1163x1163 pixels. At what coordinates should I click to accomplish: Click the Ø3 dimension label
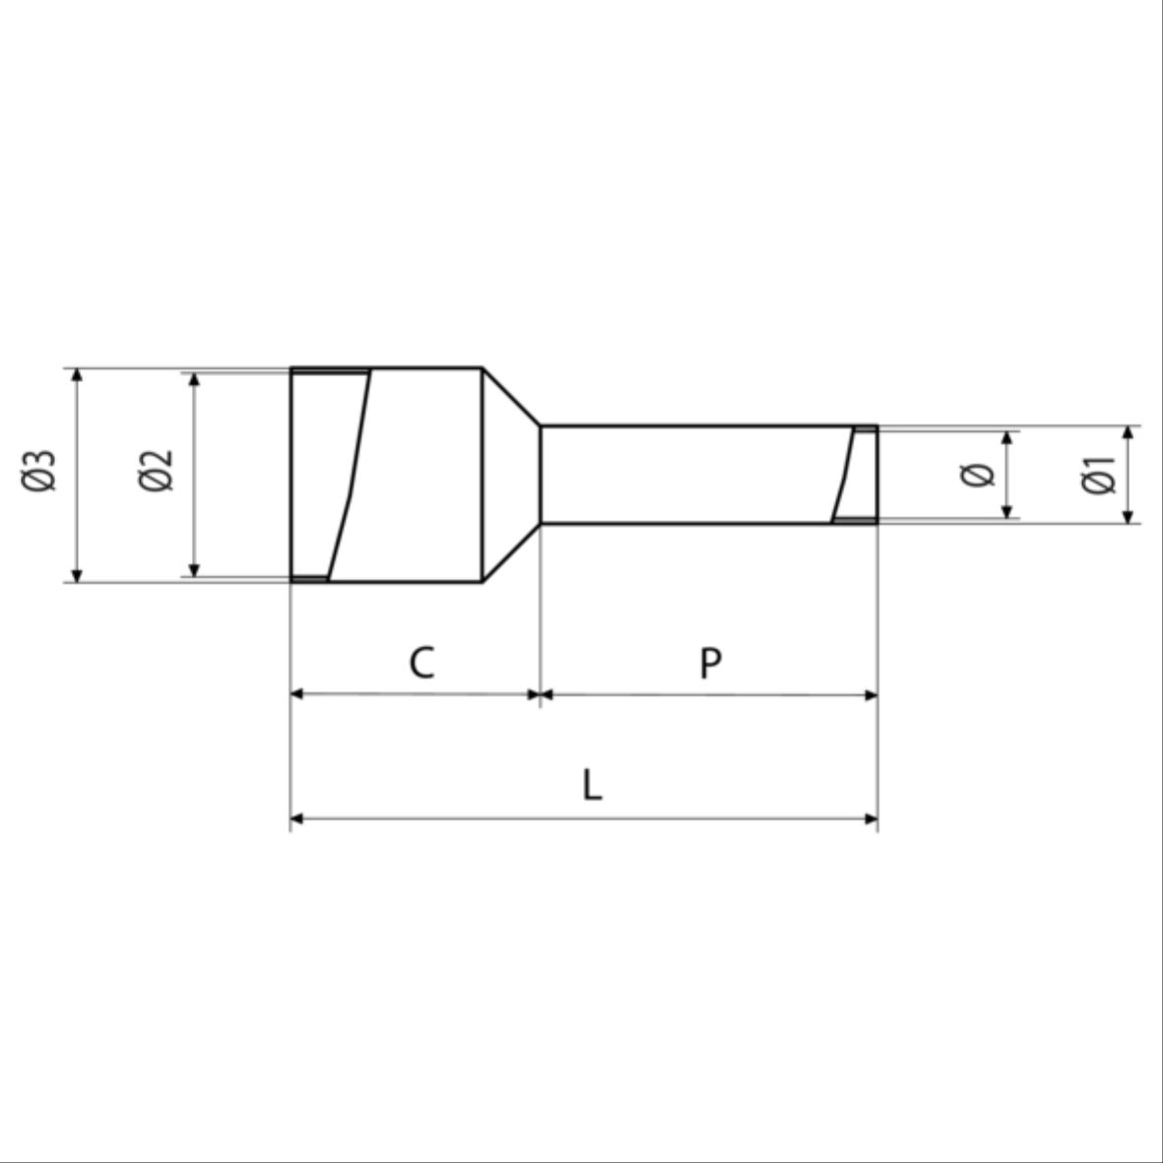40,470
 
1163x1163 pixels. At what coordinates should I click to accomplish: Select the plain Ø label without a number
977,475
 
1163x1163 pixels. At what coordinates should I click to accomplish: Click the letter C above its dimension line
421,663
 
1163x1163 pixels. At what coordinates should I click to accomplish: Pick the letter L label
591,786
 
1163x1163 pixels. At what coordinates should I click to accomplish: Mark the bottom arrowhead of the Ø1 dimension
1129,515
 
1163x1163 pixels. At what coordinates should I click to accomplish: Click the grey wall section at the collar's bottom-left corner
310,579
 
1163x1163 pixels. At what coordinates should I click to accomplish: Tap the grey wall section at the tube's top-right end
866,429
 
